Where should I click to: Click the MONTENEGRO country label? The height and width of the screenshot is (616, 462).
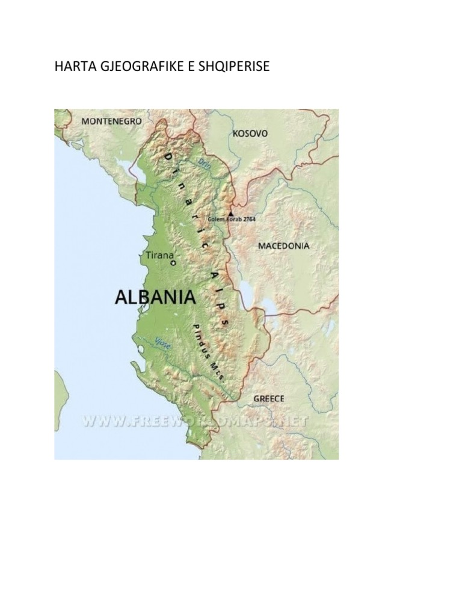point(111,121)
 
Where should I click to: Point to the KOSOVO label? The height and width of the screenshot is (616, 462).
point(250,134)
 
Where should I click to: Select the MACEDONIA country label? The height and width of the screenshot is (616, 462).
point(283,245)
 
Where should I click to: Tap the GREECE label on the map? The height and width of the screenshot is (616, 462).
point(269,398)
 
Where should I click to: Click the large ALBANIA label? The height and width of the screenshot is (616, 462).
point(155,297)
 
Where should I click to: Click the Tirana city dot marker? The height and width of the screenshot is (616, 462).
point(173,263)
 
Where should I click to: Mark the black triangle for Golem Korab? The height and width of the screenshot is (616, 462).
point(230,212)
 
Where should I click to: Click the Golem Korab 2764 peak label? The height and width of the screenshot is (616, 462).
point(232,220)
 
